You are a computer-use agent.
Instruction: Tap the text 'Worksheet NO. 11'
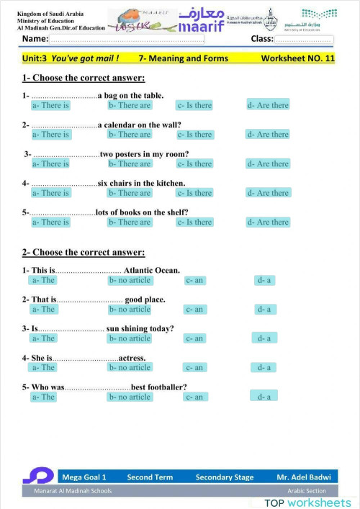click(297, 58)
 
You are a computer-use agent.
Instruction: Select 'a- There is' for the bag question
click(50, 105)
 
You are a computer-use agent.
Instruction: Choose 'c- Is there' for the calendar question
click(194, 134)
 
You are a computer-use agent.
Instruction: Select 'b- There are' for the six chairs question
click(130, 193)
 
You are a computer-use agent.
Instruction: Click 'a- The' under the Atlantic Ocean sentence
click(43, 280)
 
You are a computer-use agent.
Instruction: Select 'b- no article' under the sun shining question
click(130, 338)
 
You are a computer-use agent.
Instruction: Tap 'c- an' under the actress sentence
click(194, 367)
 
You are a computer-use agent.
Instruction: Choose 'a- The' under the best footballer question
click(43, 397)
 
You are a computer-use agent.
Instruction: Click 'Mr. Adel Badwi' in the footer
click(302, 477)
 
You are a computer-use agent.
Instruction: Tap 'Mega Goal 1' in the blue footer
click(84, 477)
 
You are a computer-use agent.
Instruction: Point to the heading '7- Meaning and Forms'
click(183, 58)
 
